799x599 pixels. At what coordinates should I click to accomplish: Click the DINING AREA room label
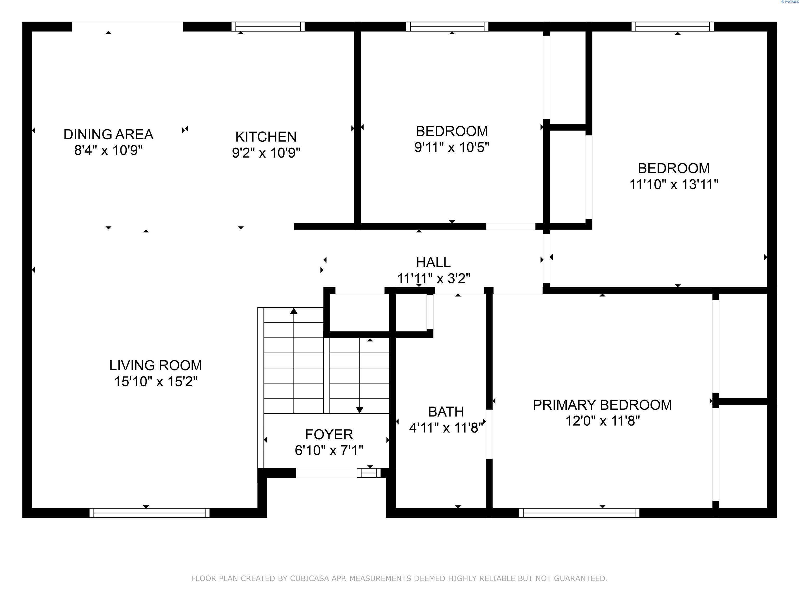coord(108,134)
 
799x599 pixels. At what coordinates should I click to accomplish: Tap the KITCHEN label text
coord(266,137)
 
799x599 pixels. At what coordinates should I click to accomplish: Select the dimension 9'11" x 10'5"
coord(452,147)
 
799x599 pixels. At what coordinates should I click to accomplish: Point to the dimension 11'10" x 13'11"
coord(674,185)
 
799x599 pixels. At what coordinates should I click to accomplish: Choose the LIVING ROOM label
coord(156,365)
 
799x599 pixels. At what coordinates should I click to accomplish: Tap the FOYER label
coord(329,434)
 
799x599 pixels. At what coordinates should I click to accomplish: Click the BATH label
coord(446,412)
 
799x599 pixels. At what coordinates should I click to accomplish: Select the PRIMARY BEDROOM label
coord(602,405)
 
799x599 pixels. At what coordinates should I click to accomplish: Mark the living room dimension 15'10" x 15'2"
coord(156,382)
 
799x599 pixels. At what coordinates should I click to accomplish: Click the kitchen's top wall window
coord(268,27)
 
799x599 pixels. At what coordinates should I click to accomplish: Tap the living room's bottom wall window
coord(150,513)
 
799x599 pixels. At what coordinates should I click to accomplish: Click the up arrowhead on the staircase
coord(294,311)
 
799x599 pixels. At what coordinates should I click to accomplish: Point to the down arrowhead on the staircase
coord(359,410)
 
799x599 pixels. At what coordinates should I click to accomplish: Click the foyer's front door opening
coord(326,473)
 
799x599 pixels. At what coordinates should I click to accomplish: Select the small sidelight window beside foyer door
coord(369,473)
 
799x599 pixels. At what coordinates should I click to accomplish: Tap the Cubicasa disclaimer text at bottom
coord(399,578)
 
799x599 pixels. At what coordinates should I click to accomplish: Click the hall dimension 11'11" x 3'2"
coord(434,279)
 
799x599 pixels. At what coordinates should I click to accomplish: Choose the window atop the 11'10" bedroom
coord(673,27)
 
